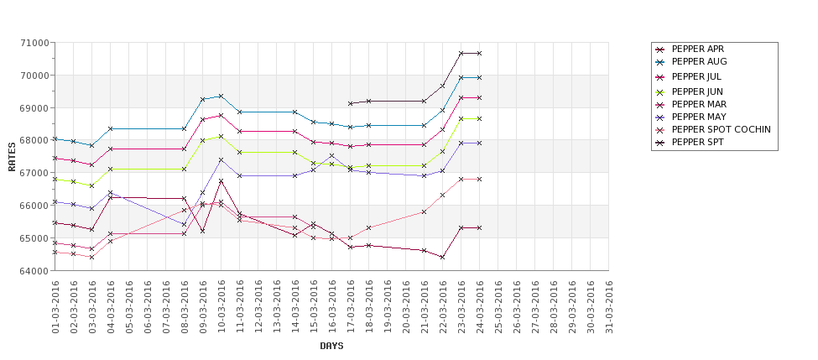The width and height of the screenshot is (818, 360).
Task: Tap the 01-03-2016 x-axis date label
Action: (55, 306)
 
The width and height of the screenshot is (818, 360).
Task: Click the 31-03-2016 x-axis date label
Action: (609, 306)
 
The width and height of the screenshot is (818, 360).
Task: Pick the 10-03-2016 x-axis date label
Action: (221, 306)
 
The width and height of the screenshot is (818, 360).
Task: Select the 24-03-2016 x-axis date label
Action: (480, 306)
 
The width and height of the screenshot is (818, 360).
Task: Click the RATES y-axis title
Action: (12, 156)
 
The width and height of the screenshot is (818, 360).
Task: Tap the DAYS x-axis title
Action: (331, 346)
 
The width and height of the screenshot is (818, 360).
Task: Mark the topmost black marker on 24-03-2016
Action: (479, 54)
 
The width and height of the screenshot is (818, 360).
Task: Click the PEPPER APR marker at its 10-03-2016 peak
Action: (221, 181)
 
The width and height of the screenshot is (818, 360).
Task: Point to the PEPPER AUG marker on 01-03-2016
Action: (55, 138)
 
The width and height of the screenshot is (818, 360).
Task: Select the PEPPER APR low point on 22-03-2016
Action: (442, 258)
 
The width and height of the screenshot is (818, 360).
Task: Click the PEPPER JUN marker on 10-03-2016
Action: (221, 136)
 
